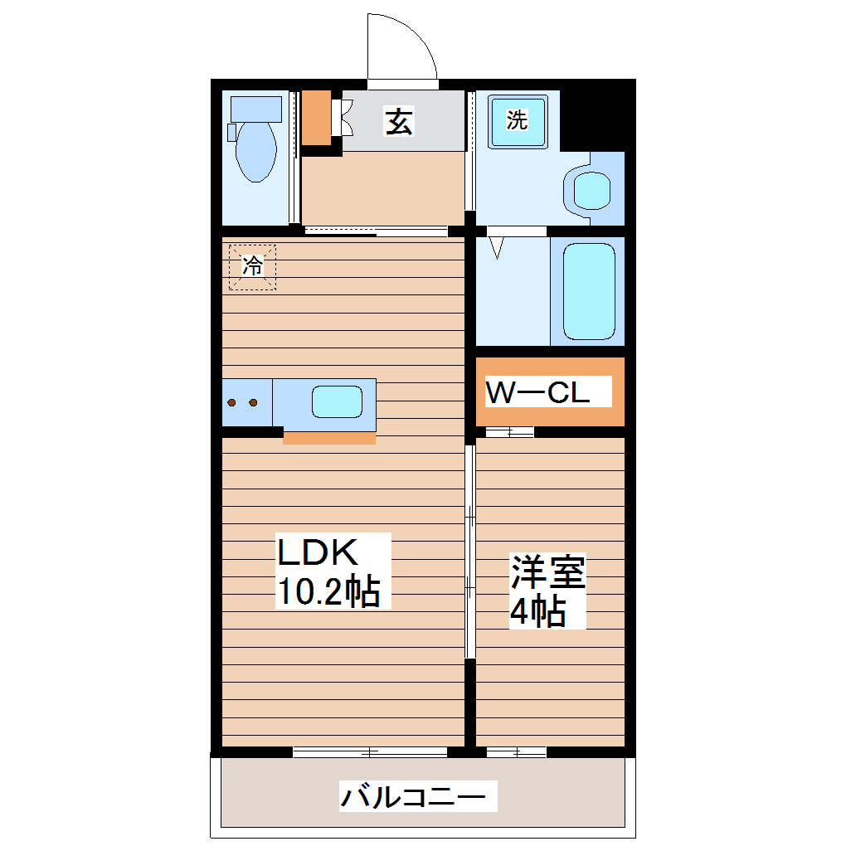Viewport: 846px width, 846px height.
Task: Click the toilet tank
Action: [x=256, y=108]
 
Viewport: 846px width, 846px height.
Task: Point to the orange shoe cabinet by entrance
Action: [x=316, y=117]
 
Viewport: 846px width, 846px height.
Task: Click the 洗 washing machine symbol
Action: [x=518, y=121]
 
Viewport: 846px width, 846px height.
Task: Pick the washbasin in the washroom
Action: [x=592, y=190]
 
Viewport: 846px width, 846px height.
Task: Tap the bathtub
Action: [x=588, y=291]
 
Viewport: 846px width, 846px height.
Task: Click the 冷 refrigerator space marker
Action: [x=252, y=266]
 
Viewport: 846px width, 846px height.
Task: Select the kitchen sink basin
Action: [x=336, y=402]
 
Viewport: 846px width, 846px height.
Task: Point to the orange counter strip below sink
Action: [x=329, y=437]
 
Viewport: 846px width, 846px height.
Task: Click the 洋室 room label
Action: [x=547, y=572]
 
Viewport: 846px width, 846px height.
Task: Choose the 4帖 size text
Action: [x=537, y=611]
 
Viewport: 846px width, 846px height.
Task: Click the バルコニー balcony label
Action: [x=412, y=797]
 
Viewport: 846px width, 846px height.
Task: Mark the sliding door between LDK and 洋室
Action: [x=469, y=552]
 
